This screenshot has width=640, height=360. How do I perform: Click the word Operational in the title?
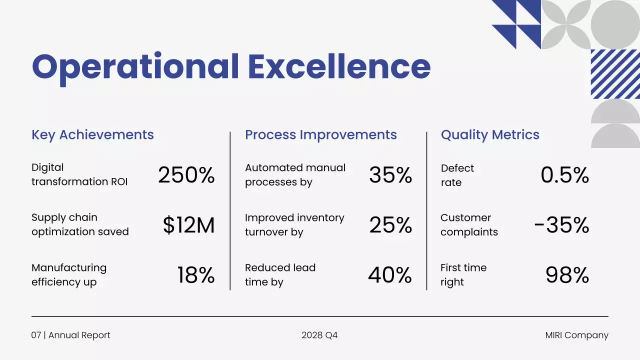(x=135, y=67)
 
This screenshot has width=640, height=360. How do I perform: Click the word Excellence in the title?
(x=339, y=67)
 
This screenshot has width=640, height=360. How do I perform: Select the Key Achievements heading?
(x=92, y=135)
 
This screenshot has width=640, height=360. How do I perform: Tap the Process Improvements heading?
(x=320, y=135)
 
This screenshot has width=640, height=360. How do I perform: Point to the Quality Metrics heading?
(x=490, y=135)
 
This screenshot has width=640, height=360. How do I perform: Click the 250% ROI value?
(x=186, y=175)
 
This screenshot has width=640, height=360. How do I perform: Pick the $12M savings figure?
(x=188, y=225)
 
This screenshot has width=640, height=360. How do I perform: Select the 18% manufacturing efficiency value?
(x=195, y=275)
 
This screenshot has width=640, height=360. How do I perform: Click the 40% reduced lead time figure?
(x=390, y=275)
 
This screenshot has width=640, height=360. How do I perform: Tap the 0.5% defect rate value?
(x=564, y=175)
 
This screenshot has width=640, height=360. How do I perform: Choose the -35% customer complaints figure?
(x=561, y=225)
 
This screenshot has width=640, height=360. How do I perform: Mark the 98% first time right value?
(x=567, y=275)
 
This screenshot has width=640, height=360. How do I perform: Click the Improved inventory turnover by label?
(x=294, y=225)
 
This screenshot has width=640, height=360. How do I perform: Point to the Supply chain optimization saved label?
(x=80, y=224)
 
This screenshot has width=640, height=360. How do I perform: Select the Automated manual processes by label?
(x=295, y=175)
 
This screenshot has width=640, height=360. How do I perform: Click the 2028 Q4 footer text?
(x=319, y=335)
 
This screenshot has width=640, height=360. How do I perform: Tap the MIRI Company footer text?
(x=576, y=335)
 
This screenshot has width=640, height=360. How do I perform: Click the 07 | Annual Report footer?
(x=70, y=335)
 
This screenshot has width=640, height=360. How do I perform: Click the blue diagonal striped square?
(x=615, y=74)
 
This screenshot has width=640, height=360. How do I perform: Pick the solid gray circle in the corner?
(x=615, y=24)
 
